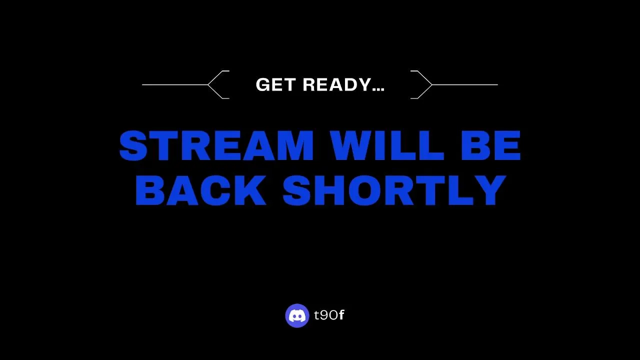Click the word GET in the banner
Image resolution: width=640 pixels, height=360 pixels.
[275, 84]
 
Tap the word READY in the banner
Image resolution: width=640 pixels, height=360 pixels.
[337, 84]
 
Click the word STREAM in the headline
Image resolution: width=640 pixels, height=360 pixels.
[216, 145]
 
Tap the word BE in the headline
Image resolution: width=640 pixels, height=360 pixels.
[491, 145]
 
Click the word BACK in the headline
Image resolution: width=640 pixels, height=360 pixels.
[201, 190]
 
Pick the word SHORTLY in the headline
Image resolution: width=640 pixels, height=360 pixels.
[394, 190]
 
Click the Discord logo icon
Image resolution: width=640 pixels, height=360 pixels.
[297, 315]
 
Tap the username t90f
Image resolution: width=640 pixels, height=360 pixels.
[329, 315]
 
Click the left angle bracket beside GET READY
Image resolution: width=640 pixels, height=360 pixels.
[218, 84]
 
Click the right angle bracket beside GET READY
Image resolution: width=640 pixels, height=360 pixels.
[421, 84]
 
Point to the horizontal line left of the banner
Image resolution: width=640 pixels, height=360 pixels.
[175, 84]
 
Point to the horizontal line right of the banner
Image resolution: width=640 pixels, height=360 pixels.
[465, 84]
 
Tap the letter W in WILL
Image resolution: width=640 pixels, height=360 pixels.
[352, 145]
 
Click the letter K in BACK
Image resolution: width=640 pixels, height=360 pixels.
[251, 190]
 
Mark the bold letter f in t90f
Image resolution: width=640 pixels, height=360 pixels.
[341, 314]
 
